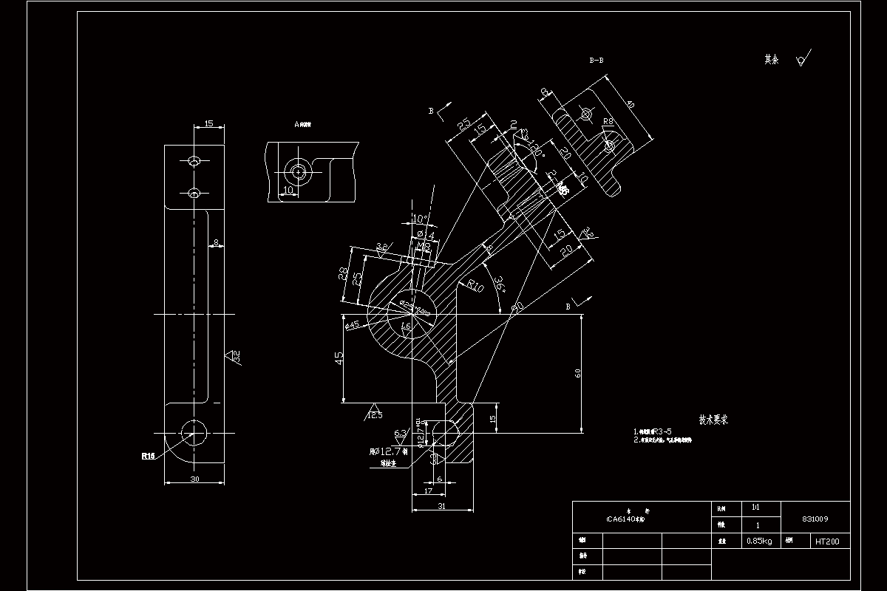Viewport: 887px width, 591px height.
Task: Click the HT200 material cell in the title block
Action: point(827,542)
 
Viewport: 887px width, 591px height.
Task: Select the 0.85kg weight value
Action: point(759,542)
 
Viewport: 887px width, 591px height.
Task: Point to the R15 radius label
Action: point(148,456)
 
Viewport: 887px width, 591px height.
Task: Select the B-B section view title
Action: point(596,61)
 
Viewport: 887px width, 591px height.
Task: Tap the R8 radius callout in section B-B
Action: point(608,120)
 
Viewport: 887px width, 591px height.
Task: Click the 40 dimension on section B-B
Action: point(630,104)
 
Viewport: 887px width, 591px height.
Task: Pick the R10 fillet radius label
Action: point(474,286)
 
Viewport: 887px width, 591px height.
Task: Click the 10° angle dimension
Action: point(419,219)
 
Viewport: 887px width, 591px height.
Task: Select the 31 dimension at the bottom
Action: point(441,506)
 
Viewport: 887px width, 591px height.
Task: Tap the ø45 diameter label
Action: point(352,324)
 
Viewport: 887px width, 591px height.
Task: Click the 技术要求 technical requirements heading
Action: point(715,420)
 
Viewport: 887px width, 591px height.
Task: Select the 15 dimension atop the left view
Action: point(208,124)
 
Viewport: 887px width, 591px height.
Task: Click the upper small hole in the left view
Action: point(194,161)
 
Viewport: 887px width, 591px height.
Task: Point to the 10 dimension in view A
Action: point(288,190)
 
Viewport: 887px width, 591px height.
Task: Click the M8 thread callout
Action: point(424,245)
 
